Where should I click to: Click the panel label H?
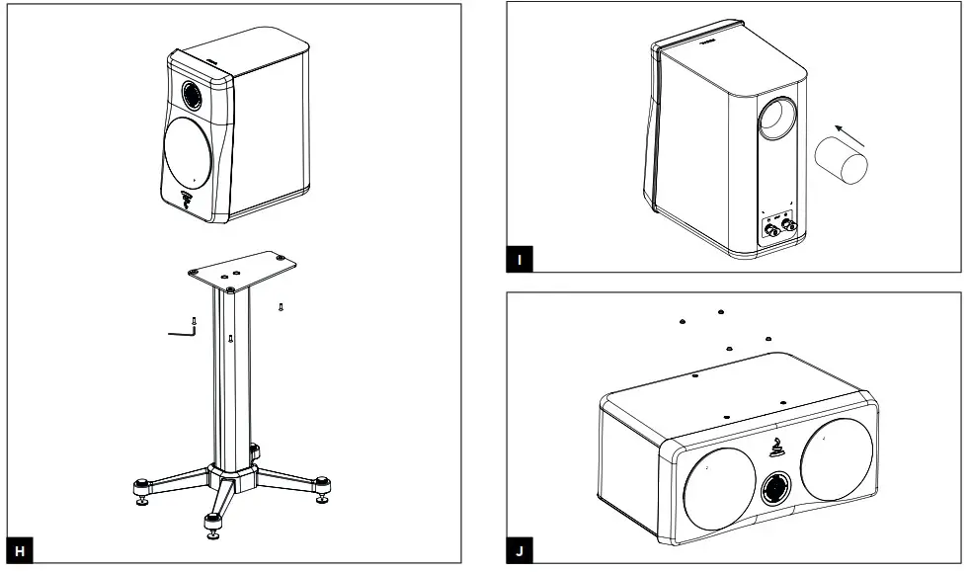click(x=17, y=550)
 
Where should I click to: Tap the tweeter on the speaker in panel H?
click(x=193, y=96)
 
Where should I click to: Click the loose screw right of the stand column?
click(x=282, y=306)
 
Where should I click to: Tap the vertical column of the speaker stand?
click(x=231, y=375)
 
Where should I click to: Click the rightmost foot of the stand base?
click(x=322, y=486)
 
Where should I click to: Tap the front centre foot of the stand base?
click(x=212, y=525)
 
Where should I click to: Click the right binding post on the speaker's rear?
click(x=789, y=225)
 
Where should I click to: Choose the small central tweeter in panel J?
click(x=773, y=487)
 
